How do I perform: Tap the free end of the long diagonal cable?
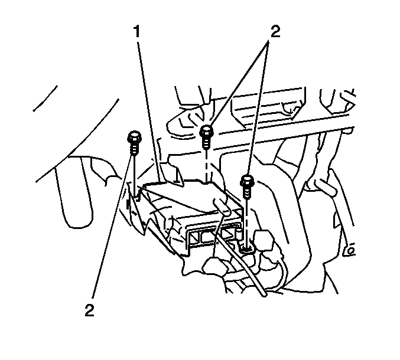point(264,294)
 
